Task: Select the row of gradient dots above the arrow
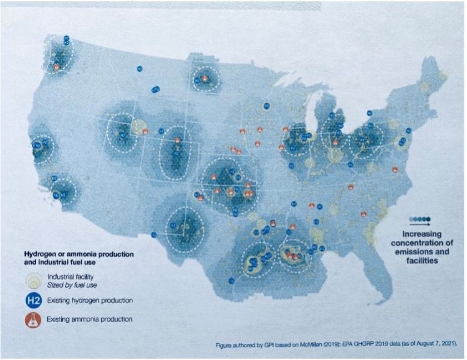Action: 420,219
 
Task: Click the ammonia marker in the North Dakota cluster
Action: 205,78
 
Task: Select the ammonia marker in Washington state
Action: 57,67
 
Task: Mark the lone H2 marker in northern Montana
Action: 140,68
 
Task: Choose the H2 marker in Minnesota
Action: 267,105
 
